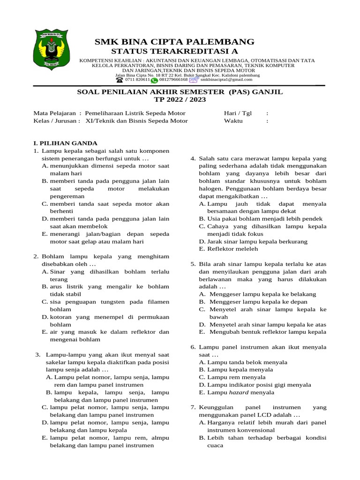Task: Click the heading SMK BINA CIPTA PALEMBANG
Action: tap(174, 42)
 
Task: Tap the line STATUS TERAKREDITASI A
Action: tap(174, 51)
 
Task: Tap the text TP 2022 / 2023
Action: tap(180, 100)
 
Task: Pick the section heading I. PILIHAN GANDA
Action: tap(65, 143)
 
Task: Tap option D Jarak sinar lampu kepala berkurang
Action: tap(257, 241)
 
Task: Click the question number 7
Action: tap(193, 407)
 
